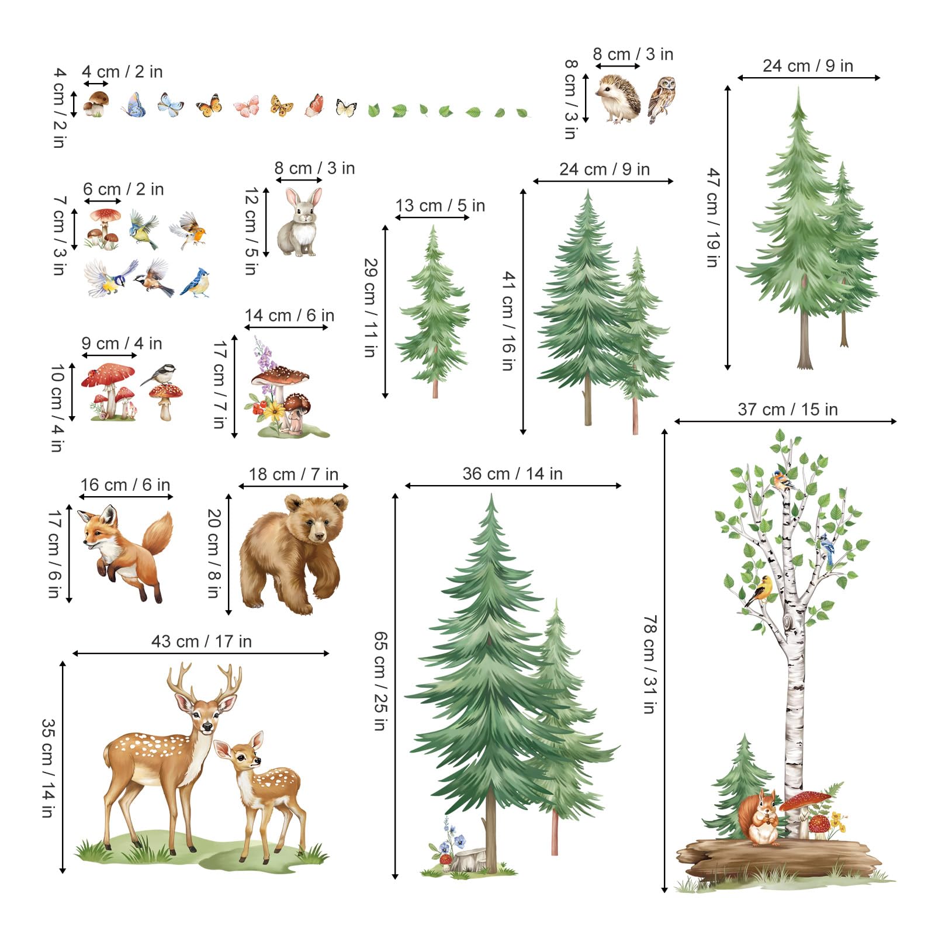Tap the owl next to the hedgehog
point(662,99)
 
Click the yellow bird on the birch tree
point(760,590)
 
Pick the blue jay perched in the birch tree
point(827,546)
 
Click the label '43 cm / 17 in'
point(202,642)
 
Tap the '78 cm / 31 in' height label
point(649,664)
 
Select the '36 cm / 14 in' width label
point(512,474)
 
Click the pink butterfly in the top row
point(247,106)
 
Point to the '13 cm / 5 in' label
point(440,206)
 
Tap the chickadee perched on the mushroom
point(161,375)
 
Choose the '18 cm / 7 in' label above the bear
point(293,475)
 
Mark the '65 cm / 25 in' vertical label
point(380,681)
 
